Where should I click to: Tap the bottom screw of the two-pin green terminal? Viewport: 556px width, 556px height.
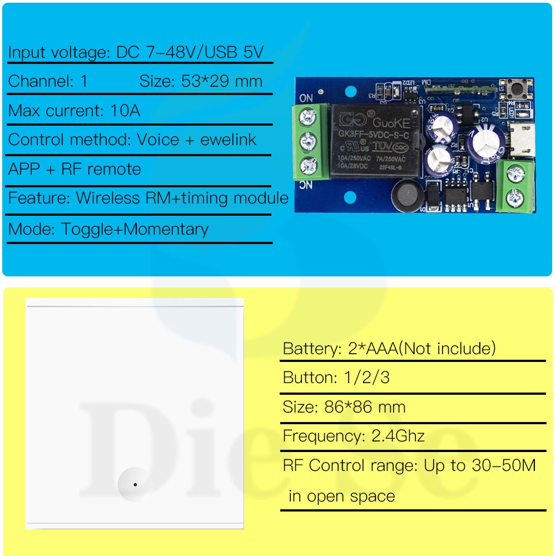pyautogui.click(x=517, y=195)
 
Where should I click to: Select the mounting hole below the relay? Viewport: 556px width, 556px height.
pyautogui.click(x=350, y=197)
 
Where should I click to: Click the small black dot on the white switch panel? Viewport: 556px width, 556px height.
pyautogui.click(x=135, y=485)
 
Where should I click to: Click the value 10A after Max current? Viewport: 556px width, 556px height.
pyautogui.click(x=125, y=111)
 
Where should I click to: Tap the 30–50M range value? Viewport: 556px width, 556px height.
pyautogui.click(x=498, y=465)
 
